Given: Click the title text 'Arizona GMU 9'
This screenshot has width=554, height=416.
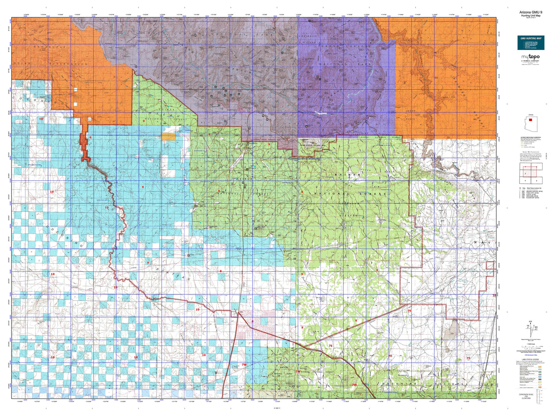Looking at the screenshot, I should (531, 12).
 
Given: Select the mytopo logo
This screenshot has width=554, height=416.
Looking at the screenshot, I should (530, 57).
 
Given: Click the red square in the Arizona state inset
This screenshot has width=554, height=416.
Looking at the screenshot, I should (530, 119).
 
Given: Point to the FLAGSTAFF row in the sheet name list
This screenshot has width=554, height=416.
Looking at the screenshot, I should (530, 198).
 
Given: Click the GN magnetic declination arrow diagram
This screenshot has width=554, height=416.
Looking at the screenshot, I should (530, 327).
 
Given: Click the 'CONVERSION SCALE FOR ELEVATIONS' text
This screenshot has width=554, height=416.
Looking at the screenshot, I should (526, 396).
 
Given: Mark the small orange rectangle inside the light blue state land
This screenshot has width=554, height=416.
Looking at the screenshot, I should (168, 136).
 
